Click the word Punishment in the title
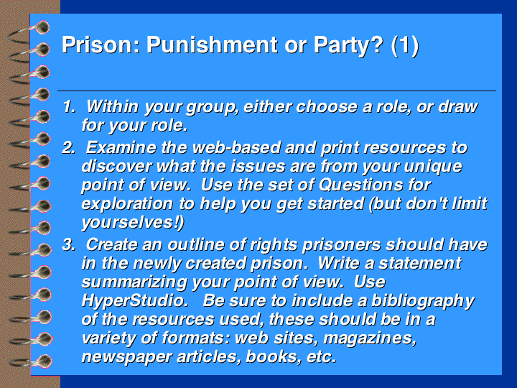(212, 45)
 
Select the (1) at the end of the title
(405, 45)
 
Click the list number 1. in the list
(69, 106)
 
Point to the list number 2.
(69, 147)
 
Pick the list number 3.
(69, 244)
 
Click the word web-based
(236, 147)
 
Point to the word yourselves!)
(133, 223)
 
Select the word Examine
(121, 147)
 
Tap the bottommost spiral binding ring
(32, 361)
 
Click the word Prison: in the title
(101, 45)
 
